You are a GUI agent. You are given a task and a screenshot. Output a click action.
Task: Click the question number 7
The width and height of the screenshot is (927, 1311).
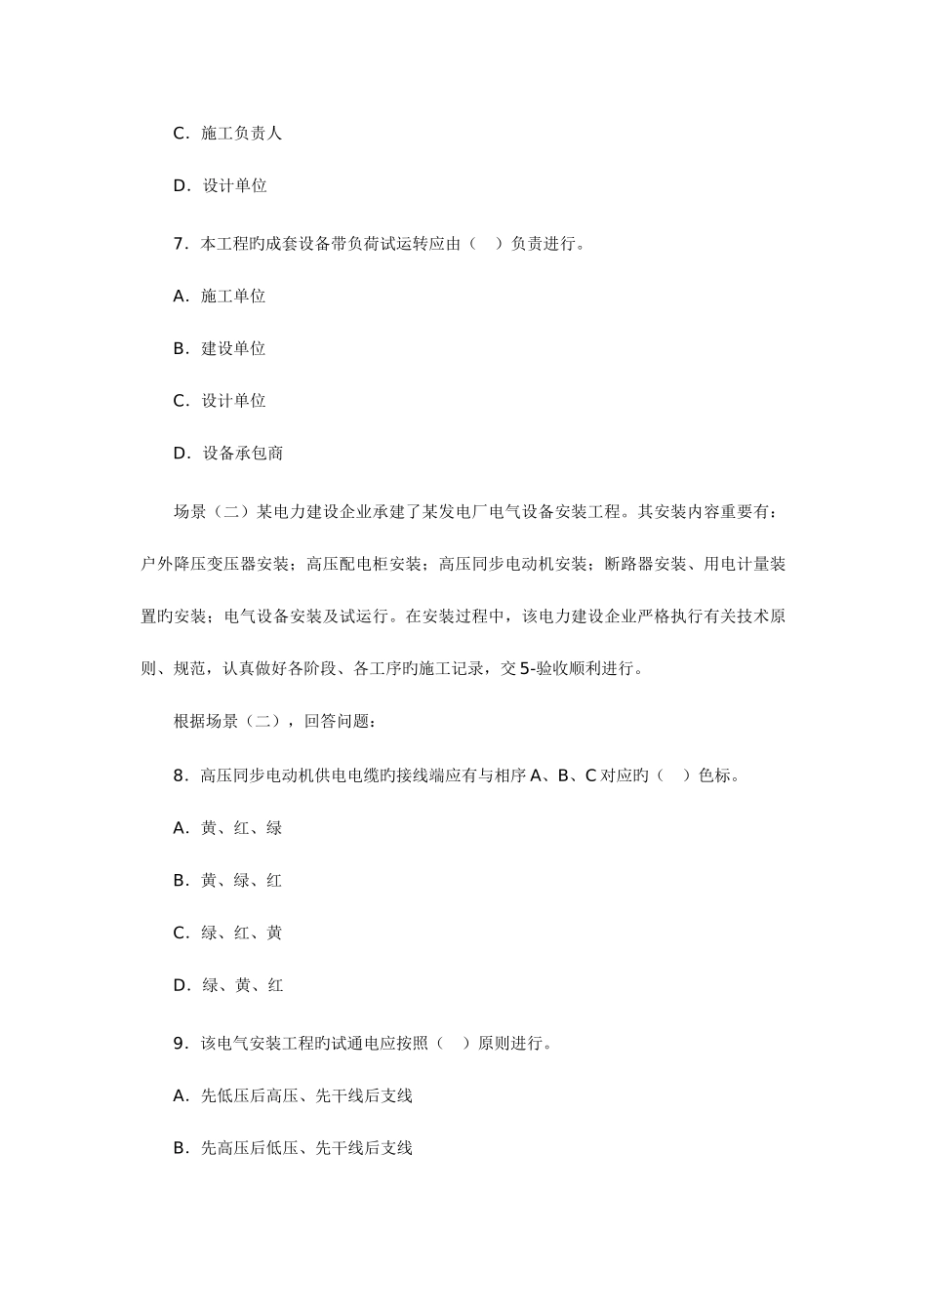coord(179,244)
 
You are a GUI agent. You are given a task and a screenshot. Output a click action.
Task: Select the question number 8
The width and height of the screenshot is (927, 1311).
coord(179,775)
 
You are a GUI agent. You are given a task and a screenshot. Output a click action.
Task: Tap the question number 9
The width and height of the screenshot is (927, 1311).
coord(179,1043)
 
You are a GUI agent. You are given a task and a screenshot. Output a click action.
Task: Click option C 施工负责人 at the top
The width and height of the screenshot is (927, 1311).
coord(227,133)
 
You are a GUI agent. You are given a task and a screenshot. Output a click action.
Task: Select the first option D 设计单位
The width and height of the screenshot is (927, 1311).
coord(221,185)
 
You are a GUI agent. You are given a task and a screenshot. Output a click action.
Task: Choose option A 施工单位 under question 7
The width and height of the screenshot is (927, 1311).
coord(220,296)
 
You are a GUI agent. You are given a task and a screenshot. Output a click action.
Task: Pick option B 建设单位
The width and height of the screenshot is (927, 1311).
coord(220,348)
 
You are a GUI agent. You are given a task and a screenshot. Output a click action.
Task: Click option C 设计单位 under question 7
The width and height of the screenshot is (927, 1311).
coord(220,401)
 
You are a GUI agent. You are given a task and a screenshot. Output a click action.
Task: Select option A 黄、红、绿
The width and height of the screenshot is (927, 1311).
coord(227,828)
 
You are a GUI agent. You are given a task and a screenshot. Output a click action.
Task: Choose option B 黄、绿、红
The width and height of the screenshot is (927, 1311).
coord(227,881)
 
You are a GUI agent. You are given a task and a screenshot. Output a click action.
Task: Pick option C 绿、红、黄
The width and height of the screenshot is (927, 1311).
coord(227,934)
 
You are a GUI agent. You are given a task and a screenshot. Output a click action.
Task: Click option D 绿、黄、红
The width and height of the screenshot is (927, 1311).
coord(228,985)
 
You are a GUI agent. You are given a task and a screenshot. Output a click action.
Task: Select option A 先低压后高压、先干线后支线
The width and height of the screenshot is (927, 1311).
coord(293,1095)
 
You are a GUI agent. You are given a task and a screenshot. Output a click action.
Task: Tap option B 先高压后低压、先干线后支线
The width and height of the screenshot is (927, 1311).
coord(293,1148)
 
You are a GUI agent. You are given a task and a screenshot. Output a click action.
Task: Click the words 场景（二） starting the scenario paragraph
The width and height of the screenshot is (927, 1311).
coord(213,511)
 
